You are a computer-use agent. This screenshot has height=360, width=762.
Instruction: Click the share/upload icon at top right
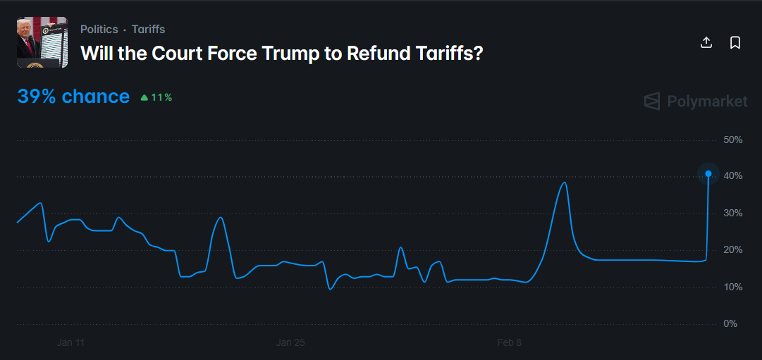click(x=706, y=43)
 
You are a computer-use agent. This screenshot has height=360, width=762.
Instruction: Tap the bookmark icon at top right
click(x=735, y=43)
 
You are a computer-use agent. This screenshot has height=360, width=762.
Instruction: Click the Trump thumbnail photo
click(x=42, y=42)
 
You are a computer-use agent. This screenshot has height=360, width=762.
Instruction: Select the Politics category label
click(x=99, y=30)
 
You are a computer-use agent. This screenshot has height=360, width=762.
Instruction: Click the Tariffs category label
click(x=148, y=30)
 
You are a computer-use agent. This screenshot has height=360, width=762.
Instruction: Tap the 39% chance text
click(x=73, y=97)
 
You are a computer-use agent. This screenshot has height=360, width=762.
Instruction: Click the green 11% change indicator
click(x=156, y=97)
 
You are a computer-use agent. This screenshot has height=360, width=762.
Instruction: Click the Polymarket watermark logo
click(x=696, y=101)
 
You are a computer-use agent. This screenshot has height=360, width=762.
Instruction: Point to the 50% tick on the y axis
click(x=733, y=140)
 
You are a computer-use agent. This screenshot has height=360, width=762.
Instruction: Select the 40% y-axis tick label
click(x=733, y=176)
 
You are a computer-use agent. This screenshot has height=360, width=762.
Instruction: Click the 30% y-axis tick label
click(x=733, y=213)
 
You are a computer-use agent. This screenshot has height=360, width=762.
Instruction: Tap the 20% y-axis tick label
click(x=733, y=250)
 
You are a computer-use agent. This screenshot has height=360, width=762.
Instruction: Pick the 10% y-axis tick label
click(x=733, y=287)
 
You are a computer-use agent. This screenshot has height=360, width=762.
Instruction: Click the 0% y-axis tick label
click(x=730, y=324)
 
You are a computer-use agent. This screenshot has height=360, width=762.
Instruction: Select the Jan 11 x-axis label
click(x=70, y=343)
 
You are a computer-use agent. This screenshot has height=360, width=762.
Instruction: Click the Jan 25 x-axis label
click(x=290, y=343)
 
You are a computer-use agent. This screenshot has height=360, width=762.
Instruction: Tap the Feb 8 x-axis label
click(x=510, y=343)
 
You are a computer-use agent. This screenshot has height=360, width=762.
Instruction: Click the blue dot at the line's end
click(x=708, y=173)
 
